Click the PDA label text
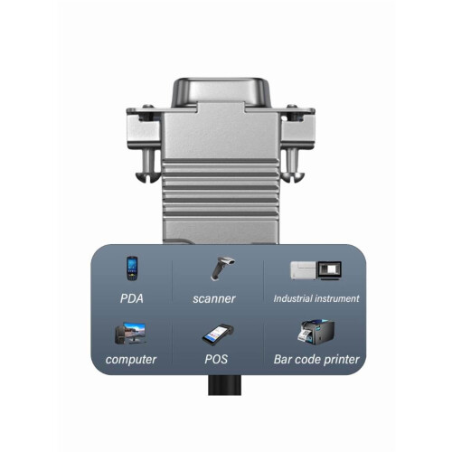132,298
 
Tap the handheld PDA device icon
132,268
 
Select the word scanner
214,299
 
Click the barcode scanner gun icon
222,268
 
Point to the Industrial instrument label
316,298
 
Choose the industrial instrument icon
315,270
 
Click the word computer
131,360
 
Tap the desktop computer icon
131,334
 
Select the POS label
216,359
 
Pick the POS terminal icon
218,334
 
